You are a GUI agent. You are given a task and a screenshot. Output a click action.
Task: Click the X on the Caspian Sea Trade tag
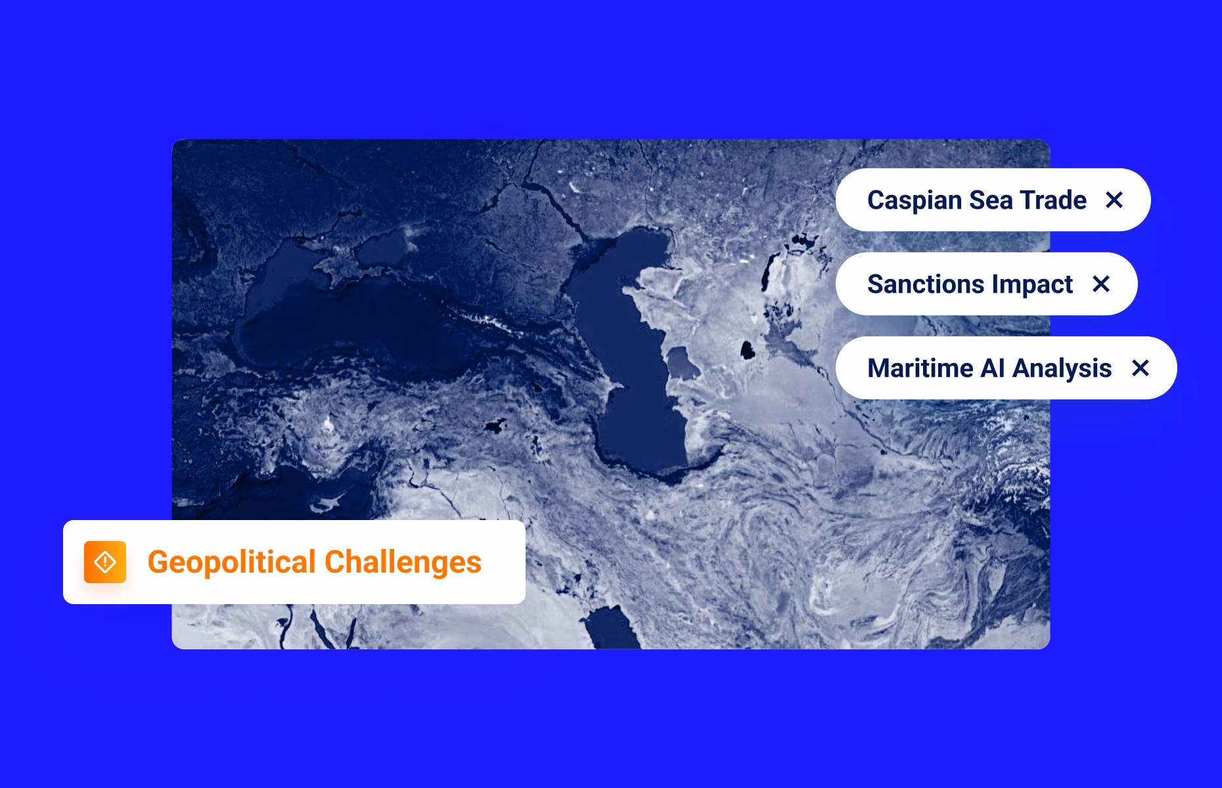[1114, 200]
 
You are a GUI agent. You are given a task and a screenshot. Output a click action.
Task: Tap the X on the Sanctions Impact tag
[1101, 284]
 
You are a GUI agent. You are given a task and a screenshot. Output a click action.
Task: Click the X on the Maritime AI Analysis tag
[1141, 368]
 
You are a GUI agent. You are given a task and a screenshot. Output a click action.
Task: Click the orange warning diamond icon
[105, 562]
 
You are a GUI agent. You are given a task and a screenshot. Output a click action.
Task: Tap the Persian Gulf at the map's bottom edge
[611, 628]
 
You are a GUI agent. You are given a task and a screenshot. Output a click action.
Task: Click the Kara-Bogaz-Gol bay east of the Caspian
[682, 364]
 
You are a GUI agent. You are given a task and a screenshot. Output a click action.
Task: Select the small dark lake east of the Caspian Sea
[747, 350]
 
